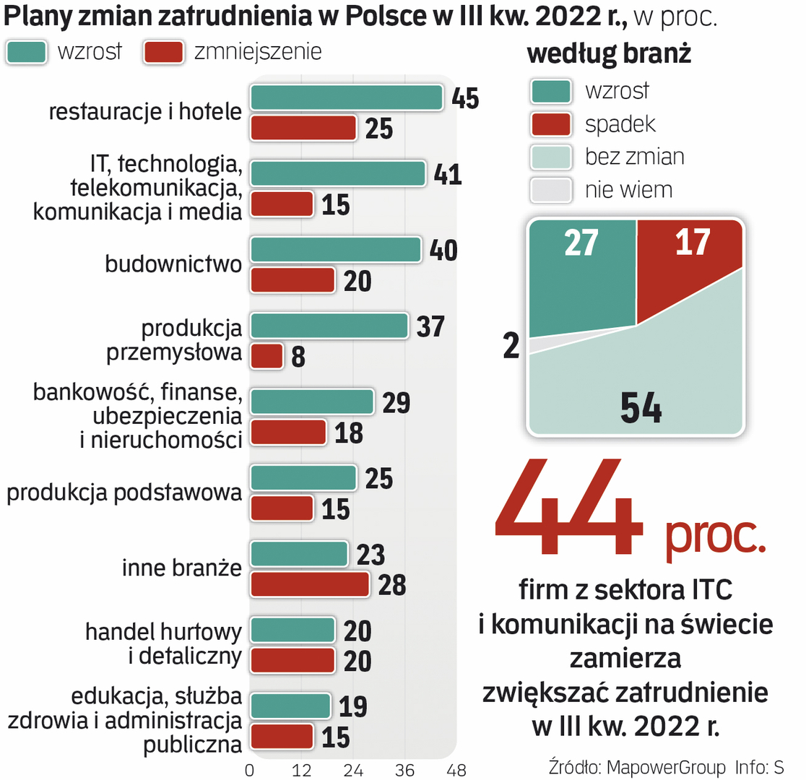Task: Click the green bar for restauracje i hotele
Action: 346,97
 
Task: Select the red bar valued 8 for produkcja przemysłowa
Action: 266,356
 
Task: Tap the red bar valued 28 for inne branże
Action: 310,584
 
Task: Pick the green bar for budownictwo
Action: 335,250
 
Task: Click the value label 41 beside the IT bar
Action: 448,174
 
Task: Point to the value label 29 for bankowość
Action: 396,402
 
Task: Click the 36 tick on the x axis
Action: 404,769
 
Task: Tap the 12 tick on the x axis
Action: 302,769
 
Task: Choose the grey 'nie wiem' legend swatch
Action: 551,189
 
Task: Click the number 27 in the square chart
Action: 581,243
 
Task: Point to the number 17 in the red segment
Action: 693,243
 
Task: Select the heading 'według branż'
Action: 610,54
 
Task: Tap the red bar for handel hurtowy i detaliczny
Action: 292,660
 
